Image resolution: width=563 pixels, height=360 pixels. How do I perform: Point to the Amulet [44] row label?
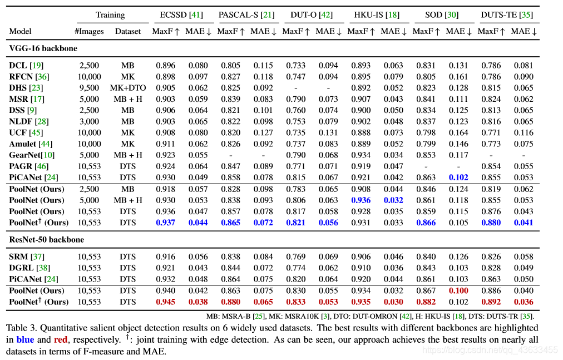31,144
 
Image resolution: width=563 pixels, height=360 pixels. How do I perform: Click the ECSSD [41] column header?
181,14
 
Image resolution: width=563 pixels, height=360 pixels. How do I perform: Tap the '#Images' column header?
89,31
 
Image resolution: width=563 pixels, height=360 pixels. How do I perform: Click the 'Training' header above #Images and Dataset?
110,14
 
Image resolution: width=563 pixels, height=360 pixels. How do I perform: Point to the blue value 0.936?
360,200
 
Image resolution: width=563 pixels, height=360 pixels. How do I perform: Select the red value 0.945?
165,302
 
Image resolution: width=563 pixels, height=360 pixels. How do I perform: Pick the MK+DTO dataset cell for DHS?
127,87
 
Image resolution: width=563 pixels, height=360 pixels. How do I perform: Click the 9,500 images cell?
89,87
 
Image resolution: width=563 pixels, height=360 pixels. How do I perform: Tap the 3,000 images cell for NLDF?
89,121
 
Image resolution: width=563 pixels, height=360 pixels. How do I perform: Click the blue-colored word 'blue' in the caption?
25,339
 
